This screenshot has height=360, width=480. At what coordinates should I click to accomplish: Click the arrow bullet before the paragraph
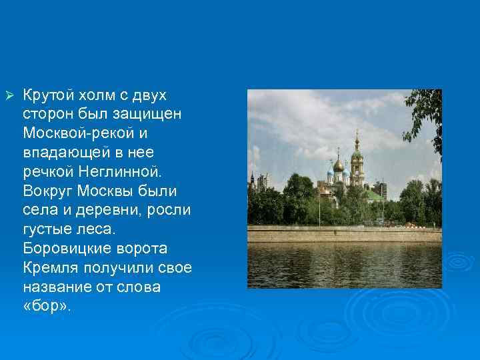point(9,95)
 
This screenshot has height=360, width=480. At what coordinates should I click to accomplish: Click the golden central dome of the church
point(339,164)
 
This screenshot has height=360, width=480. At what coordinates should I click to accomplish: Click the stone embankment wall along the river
point(343,234)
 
